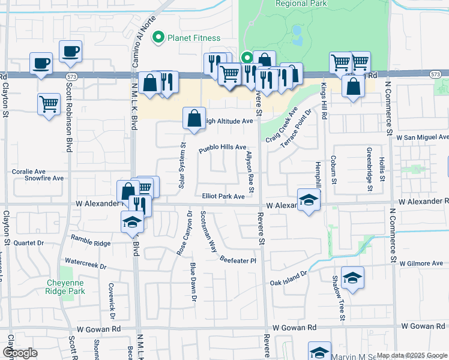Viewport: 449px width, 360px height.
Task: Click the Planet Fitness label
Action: (x=194, y=38)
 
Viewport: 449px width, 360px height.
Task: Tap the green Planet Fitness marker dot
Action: (x=159, y=38)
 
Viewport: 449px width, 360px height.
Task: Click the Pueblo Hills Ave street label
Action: (x=223, y=147)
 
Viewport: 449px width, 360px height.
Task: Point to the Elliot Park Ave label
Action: (x=223, y=196)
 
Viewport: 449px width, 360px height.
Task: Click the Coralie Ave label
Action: (x=29, y=171)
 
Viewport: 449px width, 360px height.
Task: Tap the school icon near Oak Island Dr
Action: (x=352, y=278)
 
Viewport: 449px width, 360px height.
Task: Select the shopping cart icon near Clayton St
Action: (x=49, y=103)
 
